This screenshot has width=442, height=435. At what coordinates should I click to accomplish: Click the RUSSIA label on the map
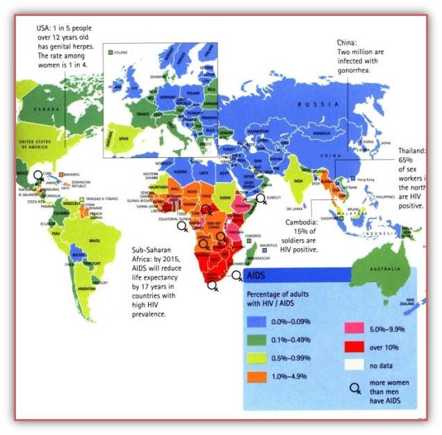tap(313, 104)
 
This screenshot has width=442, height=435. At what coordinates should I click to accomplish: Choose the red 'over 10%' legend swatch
tap(354, 343)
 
